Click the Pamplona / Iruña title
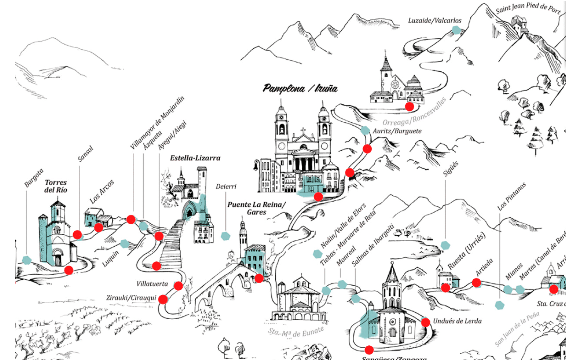pos(300,89)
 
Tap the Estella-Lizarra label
pos(195,158)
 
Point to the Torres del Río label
pos(56,186)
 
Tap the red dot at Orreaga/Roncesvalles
pos(409,106)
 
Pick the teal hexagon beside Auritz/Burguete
pos(365,130)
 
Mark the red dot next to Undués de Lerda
pos(425,322)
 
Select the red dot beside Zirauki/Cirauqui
pos(163,299)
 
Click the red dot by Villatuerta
pos(178,286)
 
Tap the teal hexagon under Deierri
pos(226,236)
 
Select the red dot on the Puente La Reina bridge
pos(259,278)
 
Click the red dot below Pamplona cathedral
pos(319,196)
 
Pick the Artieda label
pos(484,266)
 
